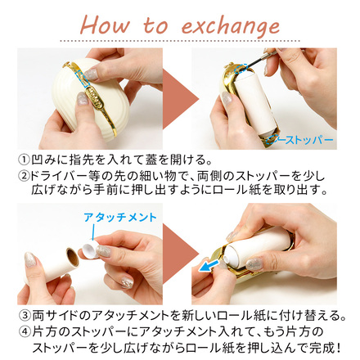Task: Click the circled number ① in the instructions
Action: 24,159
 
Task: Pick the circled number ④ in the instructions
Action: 24,332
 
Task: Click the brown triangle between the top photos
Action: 179,98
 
